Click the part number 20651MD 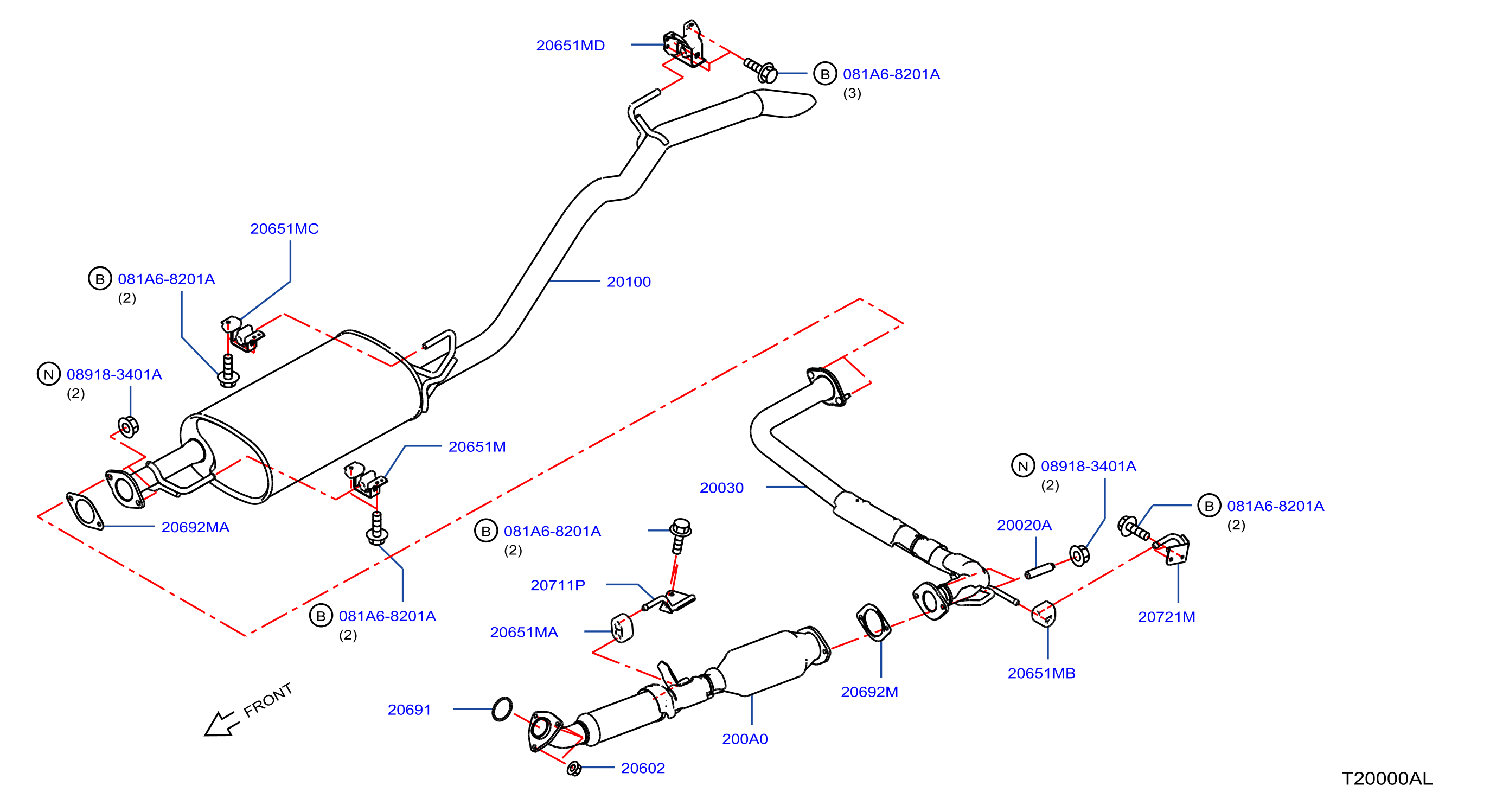570,45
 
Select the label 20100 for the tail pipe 629,282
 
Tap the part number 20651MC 284,228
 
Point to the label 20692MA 195,527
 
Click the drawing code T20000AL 1386,778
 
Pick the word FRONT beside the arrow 268,700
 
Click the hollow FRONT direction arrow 221,724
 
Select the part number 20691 409,710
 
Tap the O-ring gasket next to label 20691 502,708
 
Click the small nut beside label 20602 574,769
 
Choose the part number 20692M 869,692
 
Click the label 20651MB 1041,673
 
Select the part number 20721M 1166,616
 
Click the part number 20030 721,488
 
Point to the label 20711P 558,585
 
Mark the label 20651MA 524,632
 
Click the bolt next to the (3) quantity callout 760,71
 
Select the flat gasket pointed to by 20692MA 85,510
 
